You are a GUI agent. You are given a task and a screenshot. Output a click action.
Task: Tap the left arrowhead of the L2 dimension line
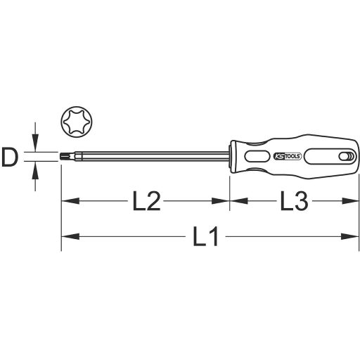(67, 202)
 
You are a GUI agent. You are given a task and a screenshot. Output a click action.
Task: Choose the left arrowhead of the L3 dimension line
(236, 202)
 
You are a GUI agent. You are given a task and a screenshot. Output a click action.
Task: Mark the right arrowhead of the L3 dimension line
(345, 202)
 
